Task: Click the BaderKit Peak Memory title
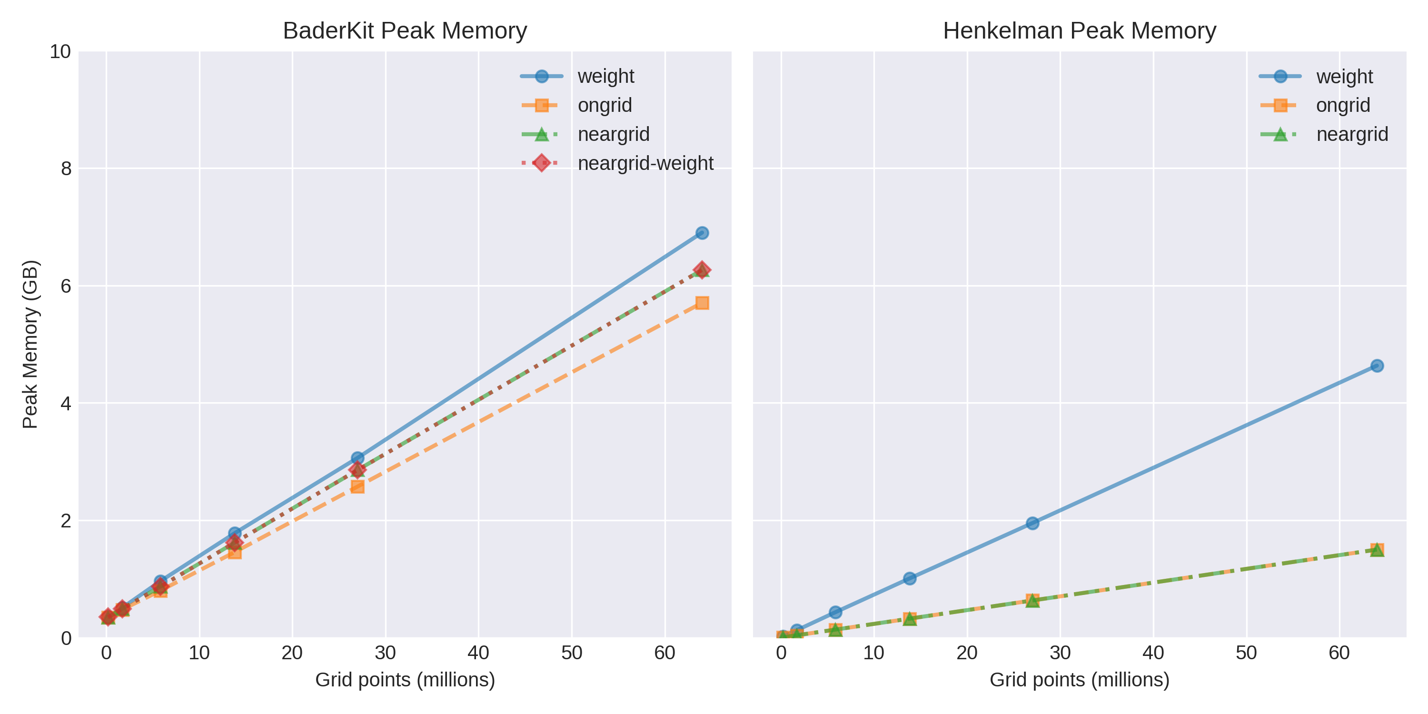tap(405, 31)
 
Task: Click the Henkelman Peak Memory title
tap(1079, 31)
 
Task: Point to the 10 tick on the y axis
tap(61, 51)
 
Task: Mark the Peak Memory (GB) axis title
tap(30, 344)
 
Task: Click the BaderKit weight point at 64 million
tap(702, 233)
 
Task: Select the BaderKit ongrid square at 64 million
tap(702, 303)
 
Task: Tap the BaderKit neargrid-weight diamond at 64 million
tap(702, 270)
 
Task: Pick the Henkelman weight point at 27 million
tap(1032, 523)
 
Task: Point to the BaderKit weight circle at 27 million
tap(357, 458)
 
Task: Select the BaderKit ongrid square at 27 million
tap(357, 487)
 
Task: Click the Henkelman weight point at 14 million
tap(910, 578)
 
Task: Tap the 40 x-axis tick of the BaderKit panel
tap(478, 653)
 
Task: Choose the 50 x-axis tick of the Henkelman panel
tap(1246, 653)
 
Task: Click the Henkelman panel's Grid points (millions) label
tap(1079, 680)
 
